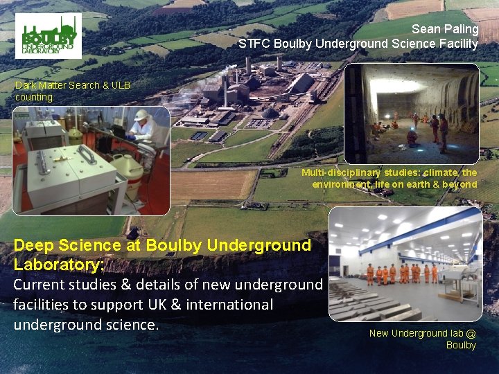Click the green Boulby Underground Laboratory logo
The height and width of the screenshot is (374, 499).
[48, 36]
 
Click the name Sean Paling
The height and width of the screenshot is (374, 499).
[445, 29]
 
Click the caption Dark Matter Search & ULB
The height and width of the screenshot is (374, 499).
[72, 86]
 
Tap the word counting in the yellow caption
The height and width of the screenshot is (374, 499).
[34, 98]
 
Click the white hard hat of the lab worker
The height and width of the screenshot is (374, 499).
[141, 115]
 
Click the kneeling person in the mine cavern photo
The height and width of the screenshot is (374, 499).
[412, 137]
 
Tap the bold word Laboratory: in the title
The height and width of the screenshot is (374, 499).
[58, 265]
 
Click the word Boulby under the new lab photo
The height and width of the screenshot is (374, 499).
[461, 345]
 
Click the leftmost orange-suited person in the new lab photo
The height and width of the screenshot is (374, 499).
[370, 274]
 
